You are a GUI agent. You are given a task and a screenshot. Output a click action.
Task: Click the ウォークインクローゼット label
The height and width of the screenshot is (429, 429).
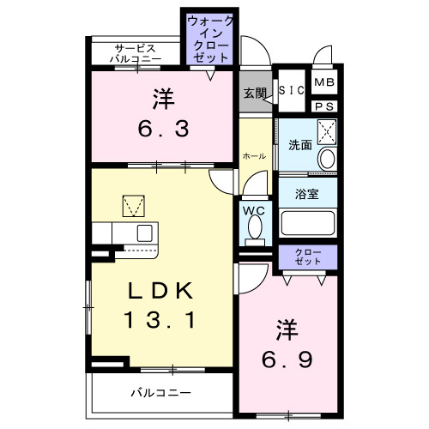209,38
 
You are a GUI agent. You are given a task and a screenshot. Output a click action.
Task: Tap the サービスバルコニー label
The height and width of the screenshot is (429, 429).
136,52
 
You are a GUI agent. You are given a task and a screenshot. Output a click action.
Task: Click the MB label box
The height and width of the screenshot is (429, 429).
323,82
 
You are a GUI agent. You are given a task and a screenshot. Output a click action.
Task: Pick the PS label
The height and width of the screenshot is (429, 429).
323,106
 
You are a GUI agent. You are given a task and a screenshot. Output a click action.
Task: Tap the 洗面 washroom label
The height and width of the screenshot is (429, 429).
299,146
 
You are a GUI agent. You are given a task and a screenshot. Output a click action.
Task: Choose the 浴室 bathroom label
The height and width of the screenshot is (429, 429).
307,193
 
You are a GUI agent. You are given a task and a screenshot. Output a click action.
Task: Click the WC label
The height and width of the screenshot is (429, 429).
253,209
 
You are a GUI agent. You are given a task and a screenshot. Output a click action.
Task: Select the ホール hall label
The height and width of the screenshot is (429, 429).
253,156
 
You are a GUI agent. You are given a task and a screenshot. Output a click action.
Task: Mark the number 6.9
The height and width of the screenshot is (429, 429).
286,356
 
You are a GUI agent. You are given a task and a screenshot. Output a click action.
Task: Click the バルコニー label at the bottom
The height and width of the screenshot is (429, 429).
160,393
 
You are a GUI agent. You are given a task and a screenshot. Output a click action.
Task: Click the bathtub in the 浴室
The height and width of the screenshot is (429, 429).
308,225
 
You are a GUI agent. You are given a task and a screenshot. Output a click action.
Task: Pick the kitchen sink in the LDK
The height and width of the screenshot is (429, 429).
143,233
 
